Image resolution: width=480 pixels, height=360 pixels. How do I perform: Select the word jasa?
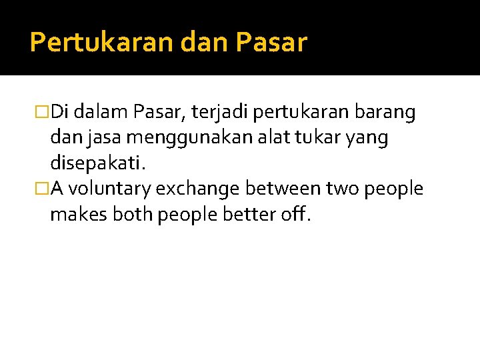[x=101, y=139]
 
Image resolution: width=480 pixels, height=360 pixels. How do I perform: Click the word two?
[x=341, y=189]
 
